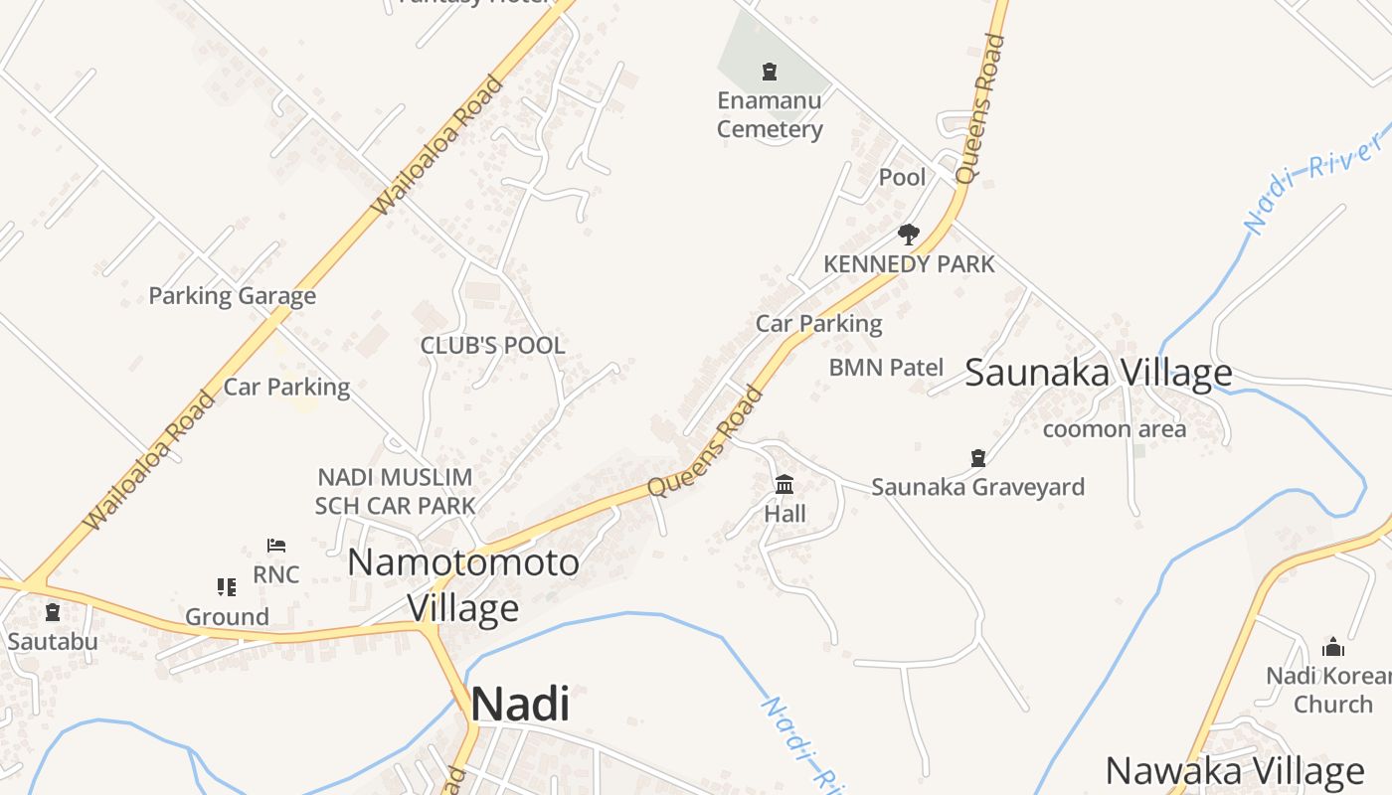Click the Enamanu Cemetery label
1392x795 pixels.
pos(770,115)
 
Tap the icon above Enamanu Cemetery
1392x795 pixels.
pos(769,71)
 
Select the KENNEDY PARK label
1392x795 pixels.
pos(909,264)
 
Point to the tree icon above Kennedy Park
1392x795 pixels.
pos(908,235)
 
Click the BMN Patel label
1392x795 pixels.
pos(886,368)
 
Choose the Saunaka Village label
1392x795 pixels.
pos(1099,374)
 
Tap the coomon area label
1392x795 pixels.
pos(1114,429)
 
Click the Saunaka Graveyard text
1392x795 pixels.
pos(977,487)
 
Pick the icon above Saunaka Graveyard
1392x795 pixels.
pos(978,457)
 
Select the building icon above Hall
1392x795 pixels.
pos(784,485)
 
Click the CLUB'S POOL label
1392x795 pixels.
pos(492,346)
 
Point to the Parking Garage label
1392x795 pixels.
pos(232,295)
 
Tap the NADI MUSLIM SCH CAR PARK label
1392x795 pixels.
pos(395,491)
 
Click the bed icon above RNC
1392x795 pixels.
pos(276,545)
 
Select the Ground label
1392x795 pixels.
pos(227,617)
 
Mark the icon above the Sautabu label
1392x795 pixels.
pos(52,612)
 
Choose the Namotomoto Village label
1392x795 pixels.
pos(463,584)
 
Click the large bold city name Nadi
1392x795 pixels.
pos(520,705)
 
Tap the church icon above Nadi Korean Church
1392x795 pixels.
pos(1333,648)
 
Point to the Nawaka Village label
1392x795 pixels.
pos(1235,771)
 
